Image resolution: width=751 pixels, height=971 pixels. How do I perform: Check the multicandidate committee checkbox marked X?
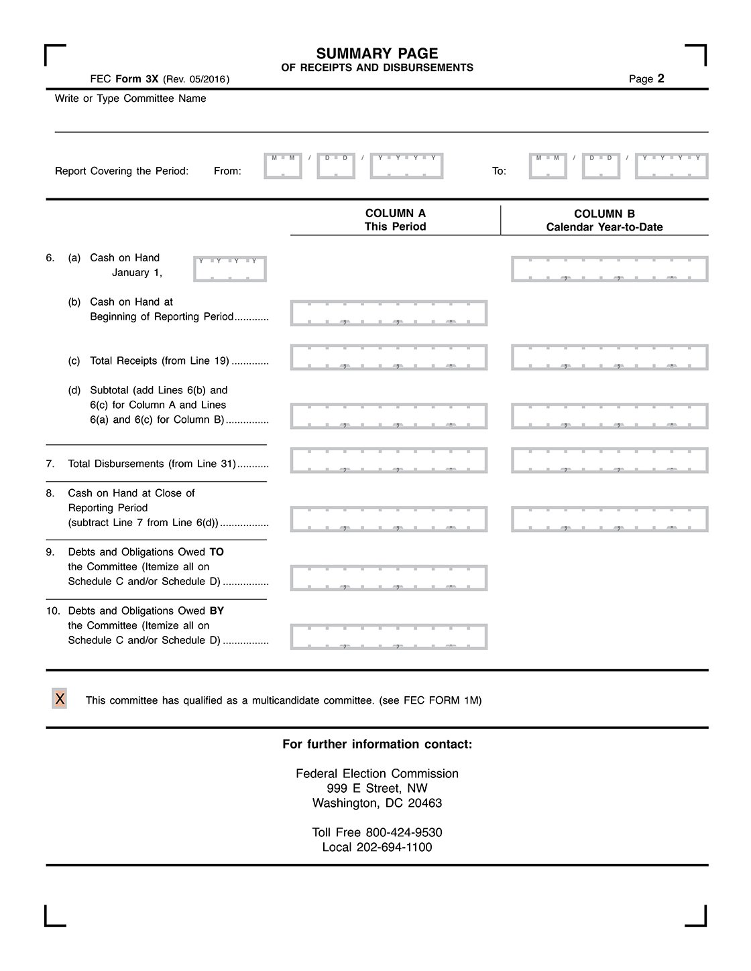(x=60, y=699)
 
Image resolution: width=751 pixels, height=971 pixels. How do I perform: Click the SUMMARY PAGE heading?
(x=377, y=54)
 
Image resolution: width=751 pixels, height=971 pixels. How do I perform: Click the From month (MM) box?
(x=283, y=166)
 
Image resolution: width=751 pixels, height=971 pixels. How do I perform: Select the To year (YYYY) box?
(x=671, y=166)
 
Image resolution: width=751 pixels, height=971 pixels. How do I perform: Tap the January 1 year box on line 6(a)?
(x=230, y=269)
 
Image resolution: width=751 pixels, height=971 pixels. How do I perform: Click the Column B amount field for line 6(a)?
(x=610, y=269)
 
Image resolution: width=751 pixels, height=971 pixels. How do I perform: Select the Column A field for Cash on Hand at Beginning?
(x=388, y=313)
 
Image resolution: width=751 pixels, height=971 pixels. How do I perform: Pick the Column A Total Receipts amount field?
(x=388, y=357)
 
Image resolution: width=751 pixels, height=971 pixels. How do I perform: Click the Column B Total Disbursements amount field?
(x=610, y=460)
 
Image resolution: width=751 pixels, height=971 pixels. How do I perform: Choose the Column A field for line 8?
(x=388, y=519)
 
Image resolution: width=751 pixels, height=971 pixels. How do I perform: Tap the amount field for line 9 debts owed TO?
(x=388, y=578)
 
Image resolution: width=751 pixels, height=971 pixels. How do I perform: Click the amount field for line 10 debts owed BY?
(x=388, y=637)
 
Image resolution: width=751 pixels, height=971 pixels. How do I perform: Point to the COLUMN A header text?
(x=395, y=213)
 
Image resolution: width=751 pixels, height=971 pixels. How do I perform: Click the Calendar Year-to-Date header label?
(x=604, y=227)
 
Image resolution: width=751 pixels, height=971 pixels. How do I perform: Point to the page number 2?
(x=660, y=78)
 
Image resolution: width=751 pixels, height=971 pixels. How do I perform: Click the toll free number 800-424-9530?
(x=404, y=832)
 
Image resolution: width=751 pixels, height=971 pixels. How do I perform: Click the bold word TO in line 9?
(x=217, y=552)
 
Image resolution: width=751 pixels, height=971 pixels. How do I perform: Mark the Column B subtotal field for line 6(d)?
(x=610, y=416)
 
